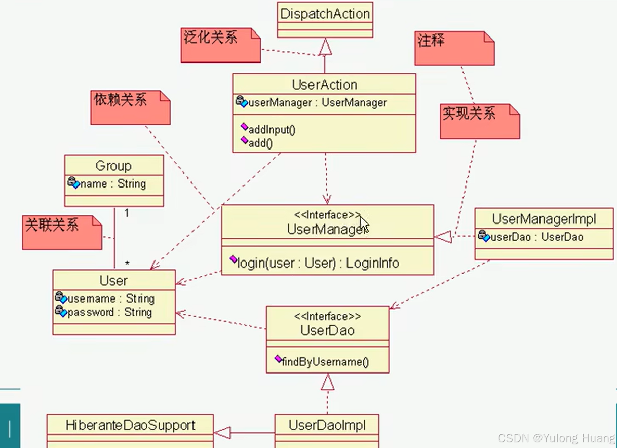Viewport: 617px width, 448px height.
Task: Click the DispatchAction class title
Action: point(325,14)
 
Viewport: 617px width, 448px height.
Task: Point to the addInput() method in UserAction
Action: point(272,130)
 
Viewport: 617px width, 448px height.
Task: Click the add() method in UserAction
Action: point(260,143)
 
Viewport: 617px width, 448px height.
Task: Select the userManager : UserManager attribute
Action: point(317,103)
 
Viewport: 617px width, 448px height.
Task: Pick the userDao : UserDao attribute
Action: point(536,237)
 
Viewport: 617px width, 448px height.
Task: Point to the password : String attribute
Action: point(109,312)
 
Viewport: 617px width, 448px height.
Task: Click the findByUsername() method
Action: point(325,362)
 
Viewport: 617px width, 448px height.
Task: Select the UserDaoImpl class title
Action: point(327,425)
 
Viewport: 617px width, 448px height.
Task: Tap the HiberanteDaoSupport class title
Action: point(130,425)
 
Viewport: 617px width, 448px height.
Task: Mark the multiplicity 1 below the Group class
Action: point(127,213)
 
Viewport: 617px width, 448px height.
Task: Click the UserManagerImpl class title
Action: point(544,219)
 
